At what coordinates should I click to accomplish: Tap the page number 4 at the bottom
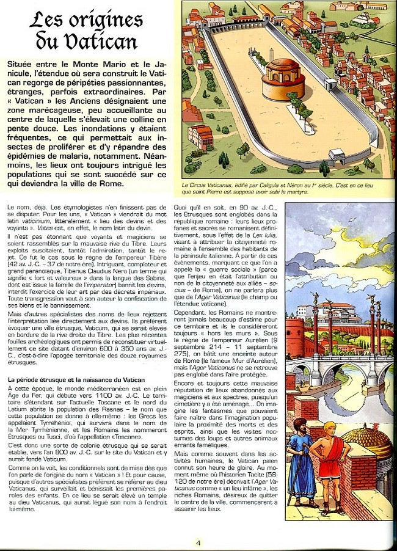(198, 541)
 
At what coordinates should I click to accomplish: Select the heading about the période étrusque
(76, 381)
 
